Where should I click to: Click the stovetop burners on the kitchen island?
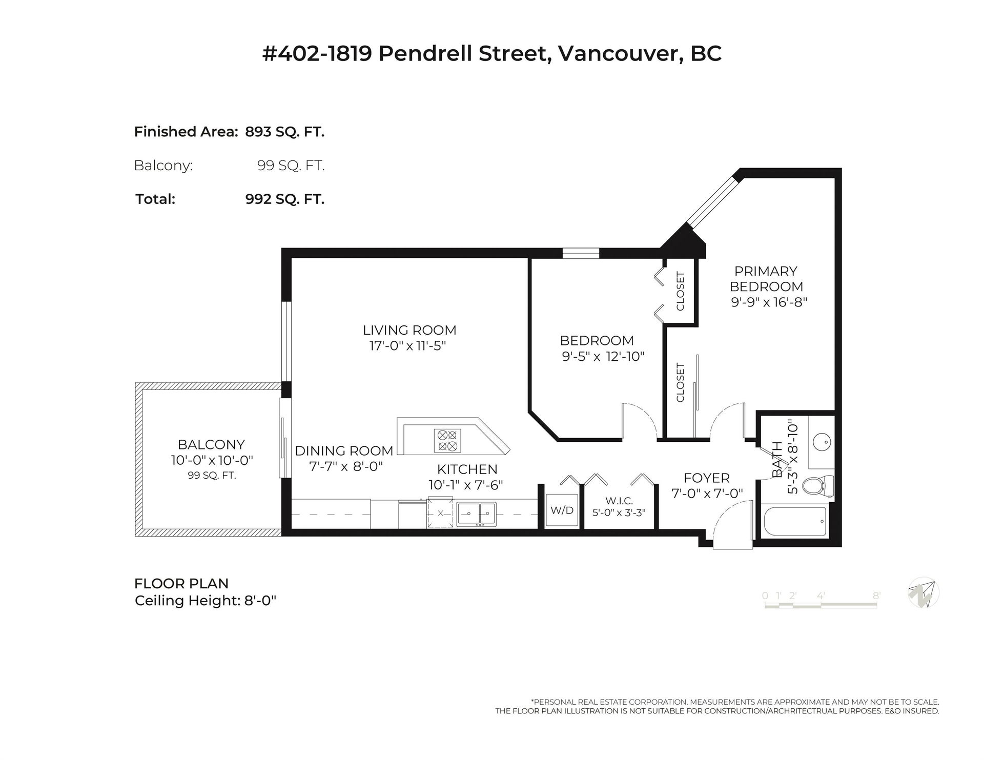[446, 441]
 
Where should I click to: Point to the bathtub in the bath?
[794, 522]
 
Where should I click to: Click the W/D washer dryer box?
[561, 510]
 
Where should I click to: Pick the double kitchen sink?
[477, 514]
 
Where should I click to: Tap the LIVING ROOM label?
[409, 330]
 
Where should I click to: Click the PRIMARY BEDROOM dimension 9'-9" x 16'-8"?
[769, 302]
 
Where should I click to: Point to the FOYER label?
[707, 478]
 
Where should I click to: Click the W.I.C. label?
[619, 501]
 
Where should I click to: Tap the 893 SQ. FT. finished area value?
[285, 132]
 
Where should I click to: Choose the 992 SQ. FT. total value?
[285, 199]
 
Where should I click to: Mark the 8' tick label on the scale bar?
[877, 595]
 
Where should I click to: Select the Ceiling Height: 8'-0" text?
[206, 600]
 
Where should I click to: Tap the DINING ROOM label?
[344, 450]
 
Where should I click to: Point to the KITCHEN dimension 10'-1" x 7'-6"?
[466, 485]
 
